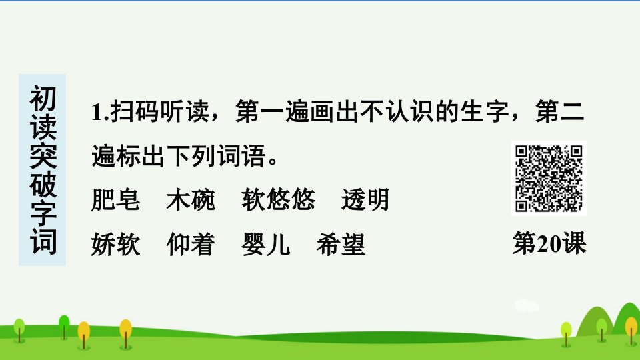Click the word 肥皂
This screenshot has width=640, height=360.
coord(116,199)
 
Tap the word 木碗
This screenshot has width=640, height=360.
coord(191,199)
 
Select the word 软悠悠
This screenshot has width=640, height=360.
coord(279,199)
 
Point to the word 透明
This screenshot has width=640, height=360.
coord(365,199)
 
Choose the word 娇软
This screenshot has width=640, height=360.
coord(116,244)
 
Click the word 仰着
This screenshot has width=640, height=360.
coord(191,244)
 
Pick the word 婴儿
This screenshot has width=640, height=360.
coord(266,244)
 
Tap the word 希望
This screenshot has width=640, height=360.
coord(341,244)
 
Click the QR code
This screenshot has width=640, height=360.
coord(549,179)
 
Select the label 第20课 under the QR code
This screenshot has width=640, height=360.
coord(549,243)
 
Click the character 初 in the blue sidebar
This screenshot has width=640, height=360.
coord(43,99)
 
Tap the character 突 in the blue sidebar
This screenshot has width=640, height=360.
coord(43,156)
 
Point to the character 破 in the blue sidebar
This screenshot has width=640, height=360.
coord(43,185)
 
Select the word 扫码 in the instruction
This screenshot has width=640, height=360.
coord(135,111)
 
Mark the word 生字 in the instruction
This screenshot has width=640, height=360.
coord(485,111)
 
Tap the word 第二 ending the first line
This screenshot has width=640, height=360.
coord(561,111)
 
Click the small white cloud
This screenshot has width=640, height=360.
coord(526,305)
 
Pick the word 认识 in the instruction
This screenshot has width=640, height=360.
coord(411,111)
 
